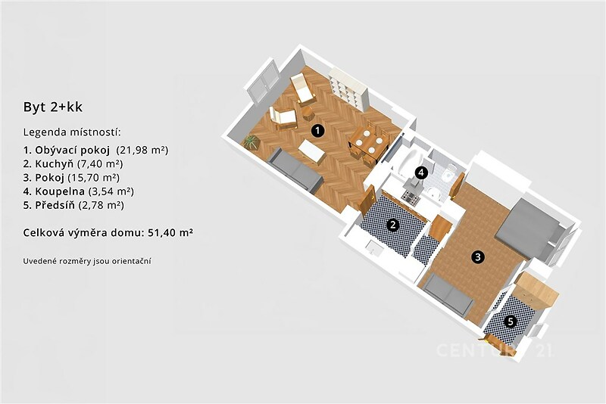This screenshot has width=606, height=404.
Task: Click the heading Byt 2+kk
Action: tap(53, 107)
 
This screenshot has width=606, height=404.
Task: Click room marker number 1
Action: tap(317, 131)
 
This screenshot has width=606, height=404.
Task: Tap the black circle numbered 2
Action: tap(393, 225)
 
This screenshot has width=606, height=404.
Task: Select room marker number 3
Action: tap(478, 256)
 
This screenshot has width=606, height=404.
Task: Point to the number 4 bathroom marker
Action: tap(421, 172)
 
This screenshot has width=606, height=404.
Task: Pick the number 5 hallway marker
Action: tap(511, 322)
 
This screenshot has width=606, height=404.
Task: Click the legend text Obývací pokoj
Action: tap(72, 150)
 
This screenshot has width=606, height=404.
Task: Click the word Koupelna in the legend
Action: tap(60, 191)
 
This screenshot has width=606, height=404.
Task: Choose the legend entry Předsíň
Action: tap(55, 205)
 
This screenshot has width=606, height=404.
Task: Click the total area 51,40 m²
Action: tap(170, 233)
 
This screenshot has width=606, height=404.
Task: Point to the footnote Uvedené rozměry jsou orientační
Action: tap(87, 261)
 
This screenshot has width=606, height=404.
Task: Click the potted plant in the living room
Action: tap(251, 141)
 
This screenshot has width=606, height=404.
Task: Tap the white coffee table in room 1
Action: tap(311, 152)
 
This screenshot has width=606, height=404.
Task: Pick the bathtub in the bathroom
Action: tap(408, 161)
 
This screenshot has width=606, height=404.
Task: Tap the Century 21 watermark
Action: tap(494, 350)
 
